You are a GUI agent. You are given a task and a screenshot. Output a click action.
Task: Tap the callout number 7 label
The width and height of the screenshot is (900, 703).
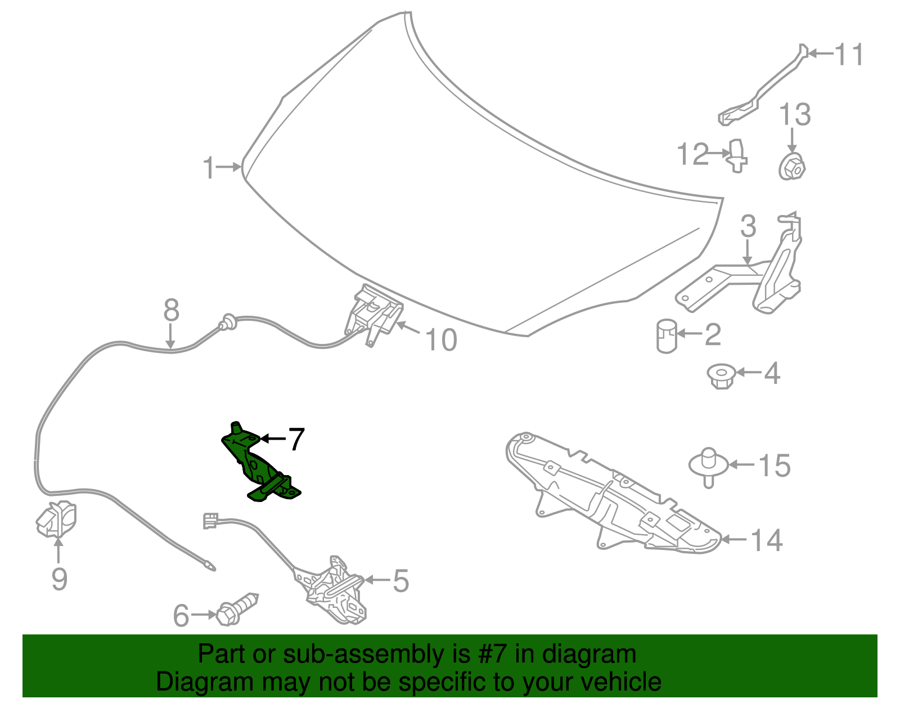pyautogui.click(x=296, y=438)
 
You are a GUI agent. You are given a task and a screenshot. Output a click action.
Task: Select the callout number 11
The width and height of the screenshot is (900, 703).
pyautogui.click(x=849, y=54)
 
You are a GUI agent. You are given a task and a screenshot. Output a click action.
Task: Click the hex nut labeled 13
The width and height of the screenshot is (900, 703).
pyautogui.click(x=792, y=166)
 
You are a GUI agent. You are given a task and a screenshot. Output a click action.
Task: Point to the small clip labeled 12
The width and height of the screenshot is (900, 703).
pyautogui.click(x=737, y=156)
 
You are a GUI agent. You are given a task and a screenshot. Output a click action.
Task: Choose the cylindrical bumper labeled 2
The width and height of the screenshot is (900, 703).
pyautogui.click(x=667, y=336)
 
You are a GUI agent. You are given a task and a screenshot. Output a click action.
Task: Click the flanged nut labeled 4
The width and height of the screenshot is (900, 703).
pyautogui.click(x=722, y=376)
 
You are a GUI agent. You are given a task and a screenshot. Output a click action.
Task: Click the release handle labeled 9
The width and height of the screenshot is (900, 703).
pyautogui.click(x=56, y=520)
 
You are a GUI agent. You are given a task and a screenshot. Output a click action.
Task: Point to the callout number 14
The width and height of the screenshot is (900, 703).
pyautogui.click(x=767, y=540)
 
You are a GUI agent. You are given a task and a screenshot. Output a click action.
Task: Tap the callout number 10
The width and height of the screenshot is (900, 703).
pyautogui.click(x=442, y=340)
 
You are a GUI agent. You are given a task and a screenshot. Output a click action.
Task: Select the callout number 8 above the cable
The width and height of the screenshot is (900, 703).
pyautogui.click(x=171, y=310)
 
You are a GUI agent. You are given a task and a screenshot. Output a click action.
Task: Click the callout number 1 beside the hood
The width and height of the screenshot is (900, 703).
pyautogui.click(x=209, y=167)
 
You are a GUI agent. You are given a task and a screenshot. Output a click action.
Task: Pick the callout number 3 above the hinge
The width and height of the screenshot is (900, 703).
pyautogui.click(x=748, y=226)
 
